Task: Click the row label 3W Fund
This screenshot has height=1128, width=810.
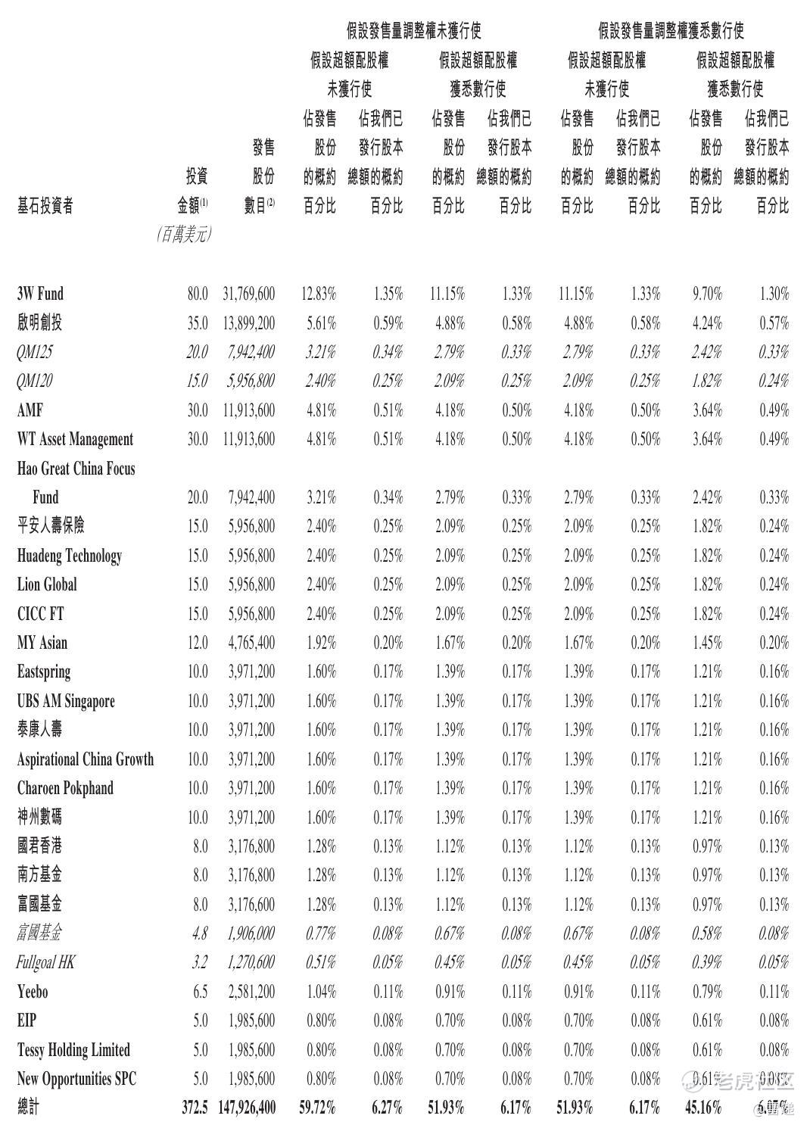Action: (x=40, y=294)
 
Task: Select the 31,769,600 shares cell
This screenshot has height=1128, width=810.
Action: (x=249, y=294)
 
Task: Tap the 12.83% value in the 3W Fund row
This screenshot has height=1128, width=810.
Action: (x=319, y=294)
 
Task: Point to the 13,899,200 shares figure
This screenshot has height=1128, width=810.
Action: (x=249, y=323)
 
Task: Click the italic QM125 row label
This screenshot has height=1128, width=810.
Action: (x=35, y=352)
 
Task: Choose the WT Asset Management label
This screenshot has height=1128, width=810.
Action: (x=75, y=439)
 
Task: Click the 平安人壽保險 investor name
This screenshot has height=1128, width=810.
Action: (x=51, y=526)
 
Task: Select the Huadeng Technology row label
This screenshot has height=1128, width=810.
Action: (x=69, y=556)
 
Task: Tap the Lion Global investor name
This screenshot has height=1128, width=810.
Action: (x=47, y=584)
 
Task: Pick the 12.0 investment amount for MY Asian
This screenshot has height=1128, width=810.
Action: (x=197, y=643)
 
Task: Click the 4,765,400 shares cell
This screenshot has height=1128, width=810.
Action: (x=251, y=643)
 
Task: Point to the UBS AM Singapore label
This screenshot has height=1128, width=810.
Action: (x=66, y=701)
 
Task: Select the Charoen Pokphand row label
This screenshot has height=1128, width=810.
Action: (x=65, y=788)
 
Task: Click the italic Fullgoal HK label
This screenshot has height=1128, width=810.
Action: (x=45, y=962)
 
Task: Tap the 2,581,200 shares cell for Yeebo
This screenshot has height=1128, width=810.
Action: (x=251, y=992)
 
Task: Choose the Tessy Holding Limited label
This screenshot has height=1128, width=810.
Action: (x=73, y=1050)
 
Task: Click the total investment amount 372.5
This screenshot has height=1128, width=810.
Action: (x=195, y=1108)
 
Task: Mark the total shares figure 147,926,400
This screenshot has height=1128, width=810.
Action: (x=247, y=1108)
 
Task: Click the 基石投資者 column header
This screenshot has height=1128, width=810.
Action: (x=45, y=206)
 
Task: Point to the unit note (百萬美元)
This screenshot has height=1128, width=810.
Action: (x=184, y=235)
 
